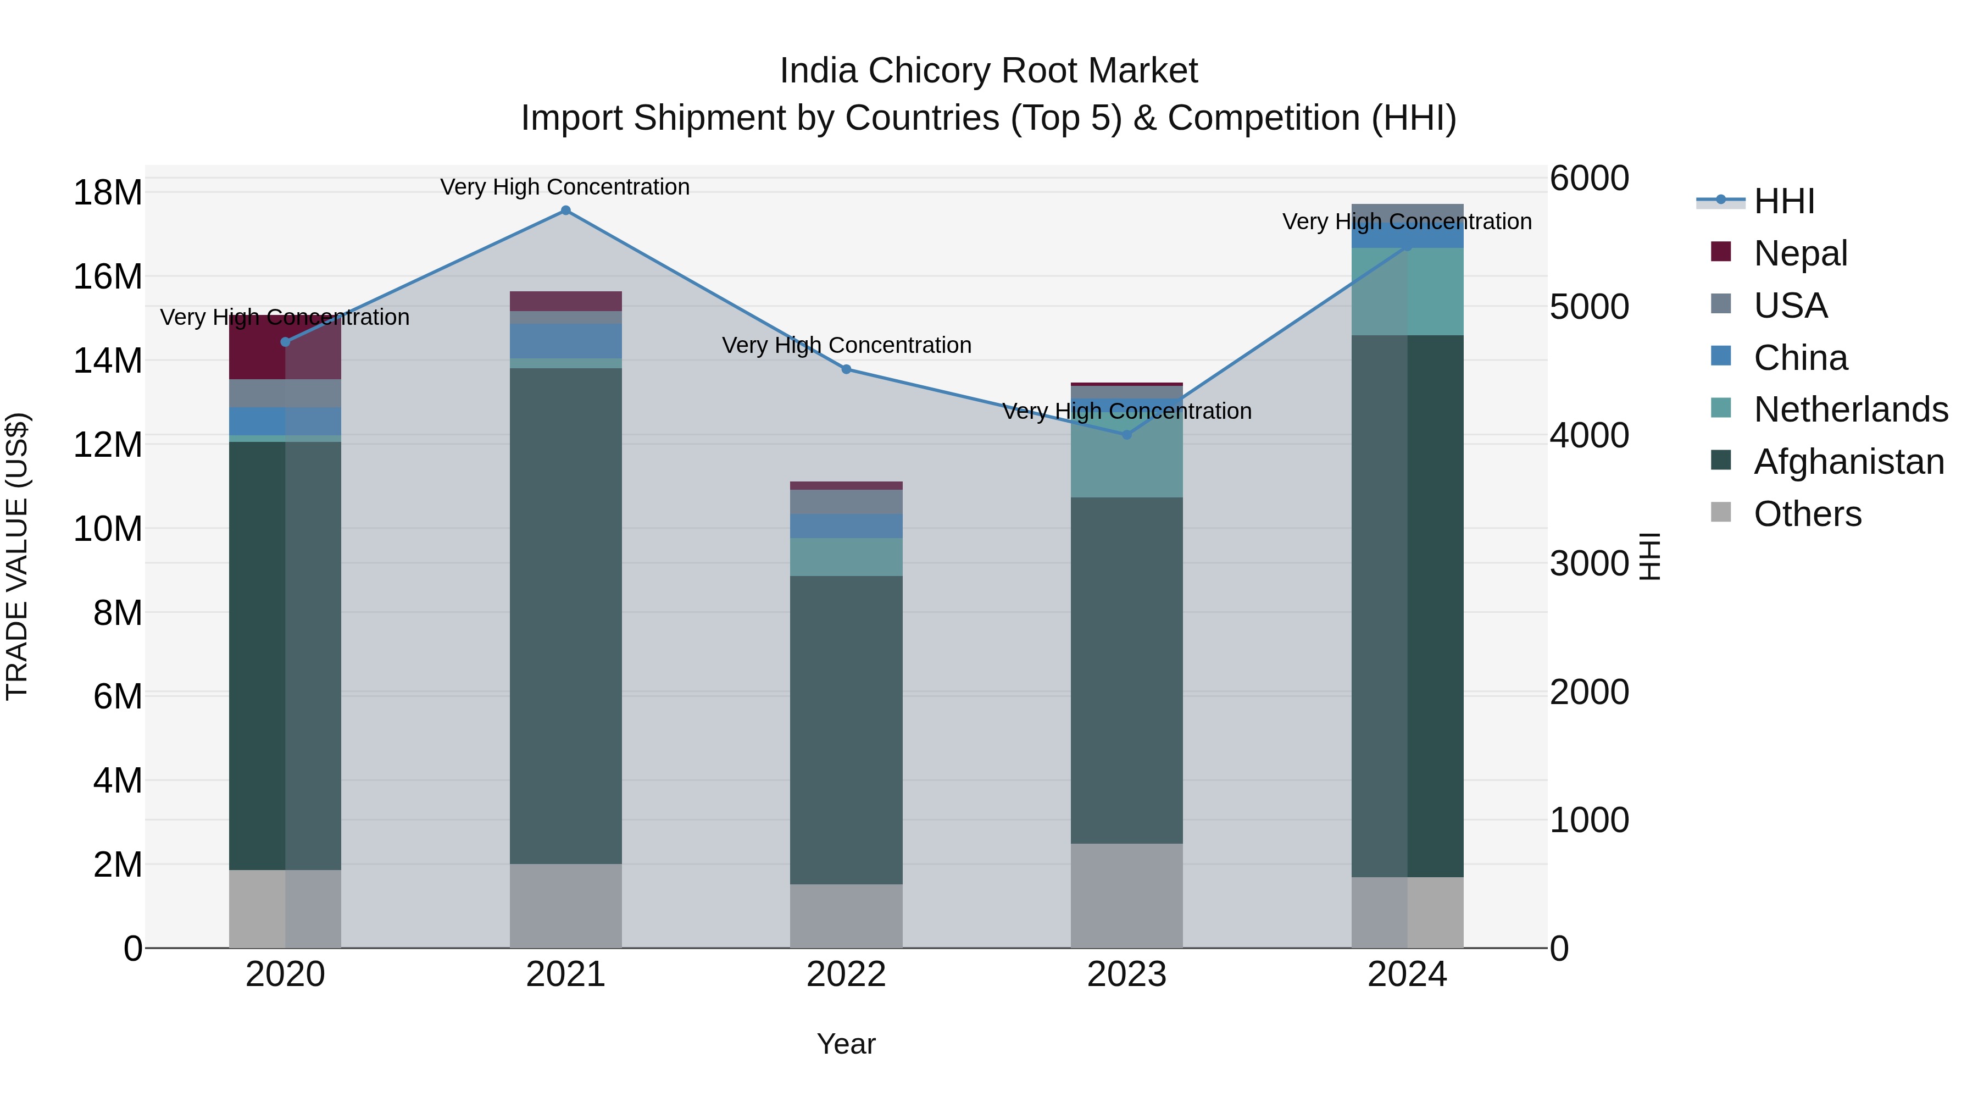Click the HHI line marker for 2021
(565, 211)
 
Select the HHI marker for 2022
(846, 369)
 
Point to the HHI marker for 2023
(1126, 435)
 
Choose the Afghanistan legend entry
(1847, 462)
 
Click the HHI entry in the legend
(1783, 201)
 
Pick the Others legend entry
(1807, 514)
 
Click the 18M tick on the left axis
(108, 192)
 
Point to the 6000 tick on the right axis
(1588, 178)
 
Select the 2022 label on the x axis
(846, 974)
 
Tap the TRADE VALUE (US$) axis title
(17, 556)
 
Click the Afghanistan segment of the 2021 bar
(565, 614)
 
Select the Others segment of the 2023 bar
(1126, 896)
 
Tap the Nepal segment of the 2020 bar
(257, 348)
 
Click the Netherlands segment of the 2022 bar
(846, 557)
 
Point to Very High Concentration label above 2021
(565, 187)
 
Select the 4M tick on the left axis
(116, 780)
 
